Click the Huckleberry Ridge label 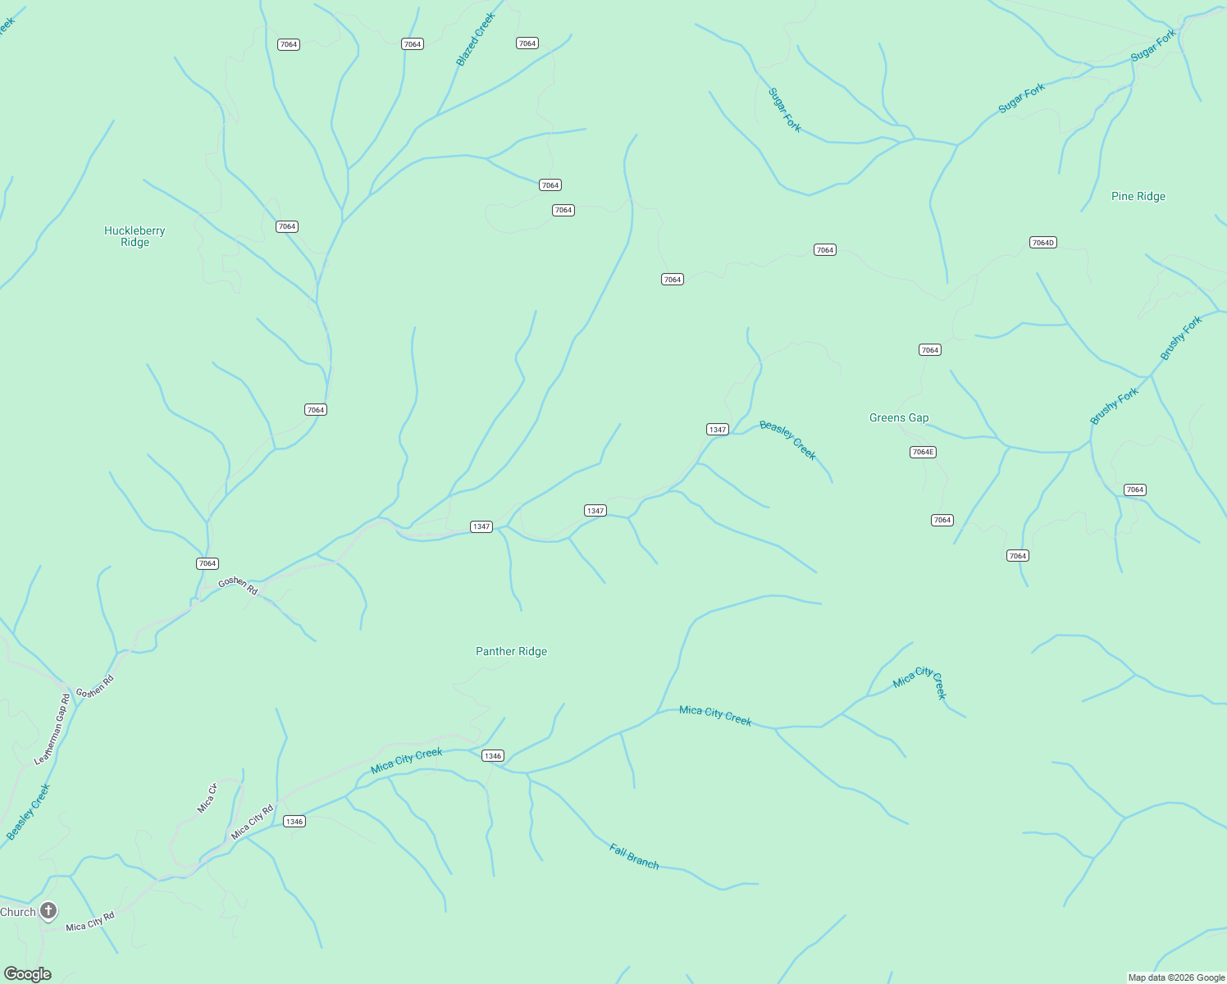coord(135,236)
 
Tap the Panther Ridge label coord(511,651)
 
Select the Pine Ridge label coord(1138,196)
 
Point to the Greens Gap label coord(899,417)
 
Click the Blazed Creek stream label coord(476,39)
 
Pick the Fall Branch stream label coord(634,856)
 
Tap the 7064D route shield coord(1042,243)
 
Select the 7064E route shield coord(923,452)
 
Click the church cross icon coord(48,910)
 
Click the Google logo coord(28,973)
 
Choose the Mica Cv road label coord(207,799)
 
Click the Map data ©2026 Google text coord(1176,977)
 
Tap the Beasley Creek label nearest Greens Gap coord(787,440)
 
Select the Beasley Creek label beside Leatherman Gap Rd coord(29,811)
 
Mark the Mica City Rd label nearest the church coord(90,922)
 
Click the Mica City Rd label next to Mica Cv coord(252,822)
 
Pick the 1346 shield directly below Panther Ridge coord(492,756)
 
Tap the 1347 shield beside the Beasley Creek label coord(718,430)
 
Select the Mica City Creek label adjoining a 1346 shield coord(407,760)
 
